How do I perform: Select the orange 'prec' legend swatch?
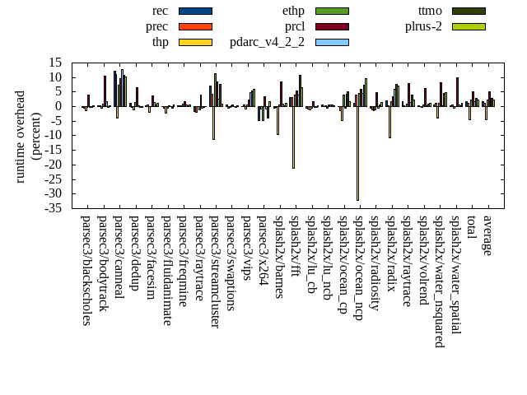(x=195, y=26)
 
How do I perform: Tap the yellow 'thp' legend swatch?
(x=195, y=42)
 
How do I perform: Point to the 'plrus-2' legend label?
(x=423, y=26)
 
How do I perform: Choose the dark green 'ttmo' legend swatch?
(x=469, y=11)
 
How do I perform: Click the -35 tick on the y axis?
(x=54, y=208)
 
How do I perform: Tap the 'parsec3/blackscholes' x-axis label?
(x=86, y=270)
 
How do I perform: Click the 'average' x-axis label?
(x=487, y=235)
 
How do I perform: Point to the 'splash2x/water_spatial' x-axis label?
(x=455, y=275)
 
